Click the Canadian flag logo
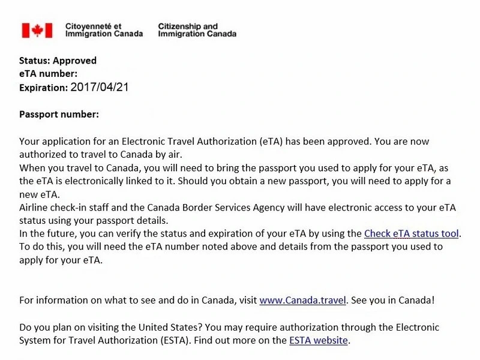pyautogui.click(x=37, y=31)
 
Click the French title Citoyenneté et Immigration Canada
pyautogui.click(x=104, y=31)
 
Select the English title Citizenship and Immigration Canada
pyautogui.click(x=197, y=31)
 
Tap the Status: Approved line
pyautogui.click(x=58, y=61)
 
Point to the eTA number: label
pyautogui.click(x=48, y=74)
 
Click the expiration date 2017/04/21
pyautogui.click(x=100, y=87)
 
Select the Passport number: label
pyautogui.click(x=59, y=114)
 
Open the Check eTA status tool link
pyautogui.click(x=412, y=233)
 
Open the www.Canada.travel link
pyautogui.click(x=302, y=300)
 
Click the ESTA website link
pyautogui.click(x=318, y=340)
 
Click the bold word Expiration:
pyautogui.click(x=44, y=88)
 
